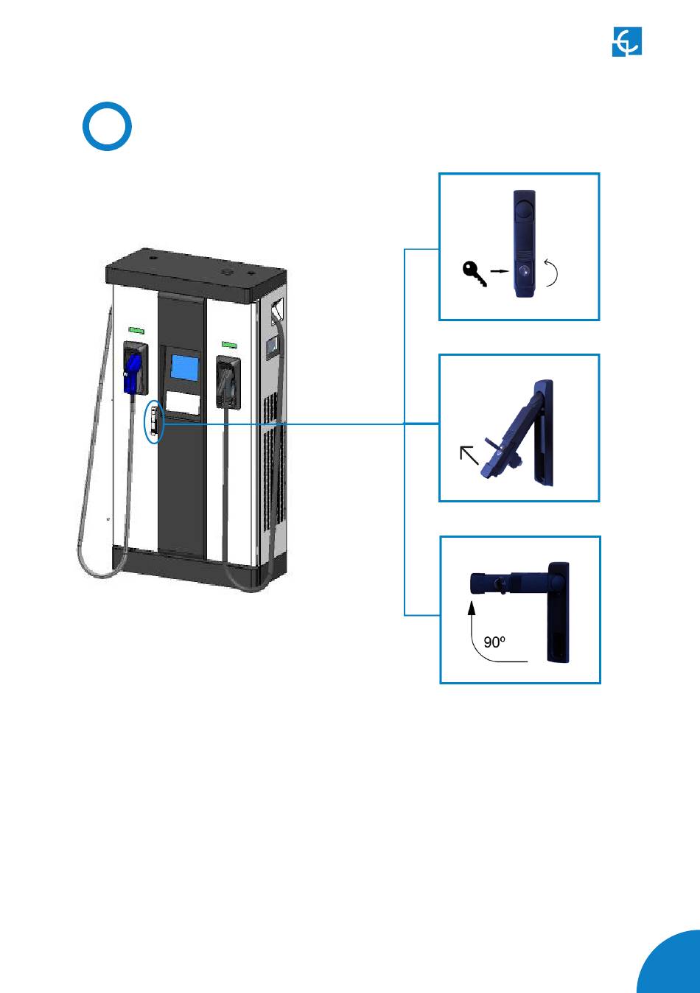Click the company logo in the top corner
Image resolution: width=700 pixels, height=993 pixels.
pyautogui.click(x=627, y=41)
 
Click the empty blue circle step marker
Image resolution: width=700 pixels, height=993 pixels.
pyautogui.click(x=107, y=127)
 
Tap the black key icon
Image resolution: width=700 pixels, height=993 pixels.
pyautogui.click(x=475, y=273)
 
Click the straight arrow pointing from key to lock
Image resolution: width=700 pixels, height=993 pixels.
pyautogui.click(x=500, y=272)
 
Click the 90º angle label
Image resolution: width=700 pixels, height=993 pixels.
pyautogui.click(x=494, y=642)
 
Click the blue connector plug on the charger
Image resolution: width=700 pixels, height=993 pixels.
pyautogui.click(x=133, y=371)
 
